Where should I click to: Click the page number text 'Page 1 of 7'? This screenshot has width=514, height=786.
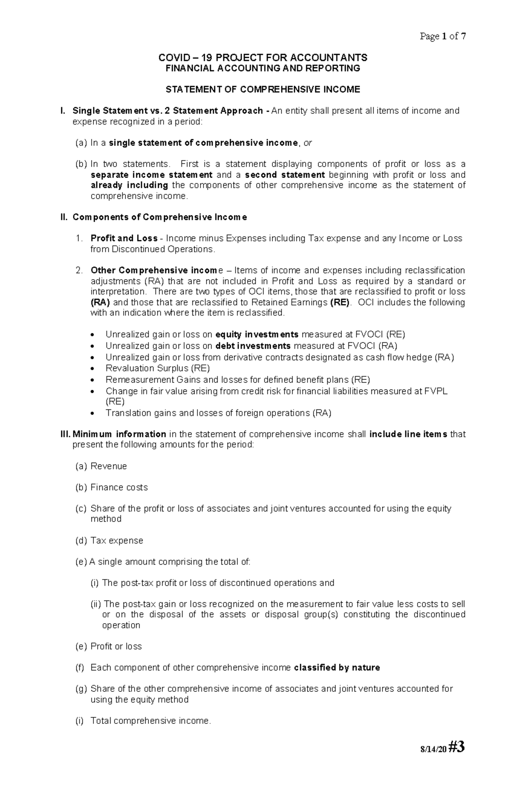coord(442,36)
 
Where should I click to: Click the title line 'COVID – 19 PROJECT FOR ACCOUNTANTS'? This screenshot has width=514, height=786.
coord(263,58)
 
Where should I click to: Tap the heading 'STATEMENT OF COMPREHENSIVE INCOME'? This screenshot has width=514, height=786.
coord(263,90)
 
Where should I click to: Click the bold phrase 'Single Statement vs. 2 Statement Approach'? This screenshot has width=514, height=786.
coord(168,111)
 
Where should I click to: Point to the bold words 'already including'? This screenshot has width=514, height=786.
coord(129,185)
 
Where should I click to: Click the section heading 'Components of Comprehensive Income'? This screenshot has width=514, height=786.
coord(159,217)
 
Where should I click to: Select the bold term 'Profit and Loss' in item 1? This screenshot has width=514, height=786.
coord(124,238)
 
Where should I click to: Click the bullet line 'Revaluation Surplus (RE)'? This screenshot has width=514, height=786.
coord(157,368)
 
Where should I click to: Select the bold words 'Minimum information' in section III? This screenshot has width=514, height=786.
coord(119,434)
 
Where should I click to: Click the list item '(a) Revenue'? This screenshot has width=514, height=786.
coord(101,466)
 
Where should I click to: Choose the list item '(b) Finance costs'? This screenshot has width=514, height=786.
coord(111,487)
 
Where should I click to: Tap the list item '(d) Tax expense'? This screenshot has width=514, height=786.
coord(109,541)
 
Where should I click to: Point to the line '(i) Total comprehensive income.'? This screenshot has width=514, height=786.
coord(143,721)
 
